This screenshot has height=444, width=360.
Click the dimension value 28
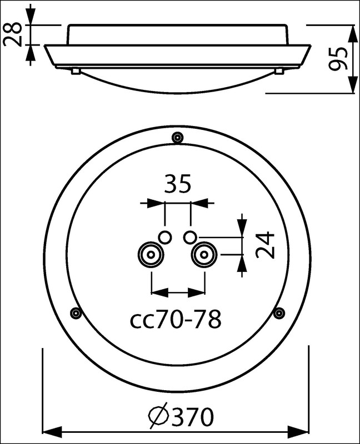tap(12, 34)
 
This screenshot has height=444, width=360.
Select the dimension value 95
tap(338, 59)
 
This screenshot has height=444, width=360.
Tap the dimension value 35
tap(178, 184)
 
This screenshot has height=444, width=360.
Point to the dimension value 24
tap(265, 245)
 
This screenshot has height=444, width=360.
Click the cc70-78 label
tap(176, 319)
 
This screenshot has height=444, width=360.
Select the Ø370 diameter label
tap(181, 417)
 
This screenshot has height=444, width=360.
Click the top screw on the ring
tap(177, 138)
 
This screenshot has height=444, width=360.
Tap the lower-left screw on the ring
tap(76, 313)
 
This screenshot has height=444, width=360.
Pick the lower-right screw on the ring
tap(279, 313)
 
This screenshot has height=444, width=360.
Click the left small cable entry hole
tap(164, 237)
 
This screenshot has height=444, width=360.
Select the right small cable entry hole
tap(189, 237)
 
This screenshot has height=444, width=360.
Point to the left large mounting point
tap(151, 255)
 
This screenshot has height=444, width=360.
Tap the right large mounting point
tap(204, 255)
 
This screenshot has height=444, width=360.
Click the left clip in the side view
tap(76, 71)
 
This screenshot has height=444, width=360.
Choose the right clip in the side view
tap(279, 71)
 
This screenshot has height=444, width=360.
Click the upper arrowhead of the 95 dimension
tap(353, 34)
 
